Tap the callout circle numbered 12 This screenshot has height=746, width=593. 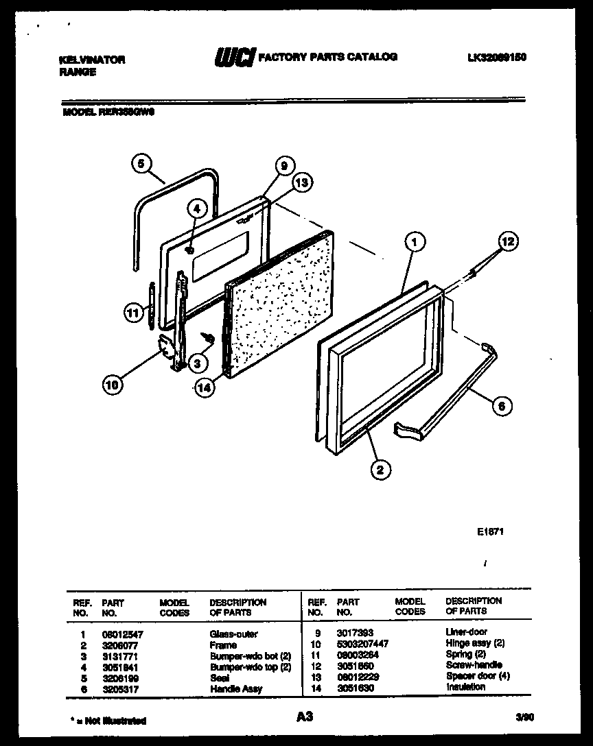(x=509, y=242)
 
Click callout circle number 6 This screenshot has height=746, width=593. (x=502, y=406)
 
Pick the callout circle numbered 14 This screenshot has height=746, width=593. (x=204, y=387)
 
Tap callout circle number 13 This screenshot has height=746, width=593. (x=301, y=182)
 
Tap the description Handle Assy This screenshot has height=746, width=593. (x=235, y=688)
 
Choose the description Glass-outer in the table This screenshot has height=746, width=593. (x=234, y=634)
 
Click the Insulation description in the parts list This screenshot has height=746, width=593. (x=465, y=686)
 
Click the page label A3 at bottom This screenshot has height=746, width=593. (x=305, y=717)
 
